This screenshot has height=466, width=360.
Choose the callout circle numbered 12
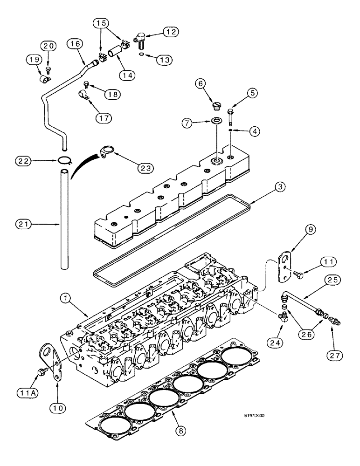pyautogui.click(x=170, y=32)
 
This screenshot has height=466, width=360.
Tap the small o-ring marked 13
pyautogui.click(x=141, y=55)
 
